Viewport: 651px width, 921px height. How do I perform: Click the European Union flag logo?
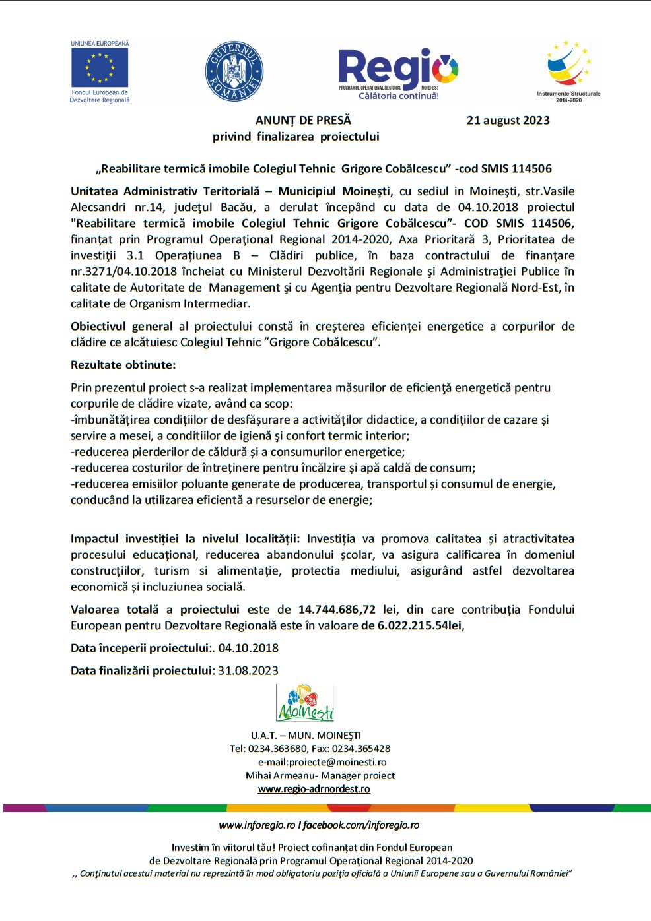pyautogui.click(x=100, y=68)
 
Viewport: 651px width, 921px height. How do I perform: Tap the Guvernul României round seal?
pyautogui.click(x=234, y=72)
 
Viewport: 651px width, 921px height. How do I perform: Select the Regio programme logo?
pyautogui.click(x=398, y=73)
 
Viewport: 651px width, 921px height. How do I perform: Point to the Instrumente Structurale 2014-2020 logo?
pyautogui.click(x=568, y=71)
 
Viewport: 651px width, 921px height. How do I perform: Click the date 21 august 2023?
pyautogui.click(x=508, y=120)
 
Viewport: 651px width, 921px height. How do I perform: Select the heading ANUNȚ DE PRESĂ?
pyautogui.click(x=303, y=120)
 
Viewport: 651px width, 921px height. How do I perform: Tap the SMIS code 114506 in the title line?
pyautogui.click(x=531, y=168)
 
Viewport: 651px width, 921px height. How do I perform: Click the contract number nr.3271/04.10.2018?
pyautogui.click(x=123, y=271)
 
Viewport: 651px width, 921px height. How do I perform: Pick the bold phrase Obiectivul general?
pyautogui.click(x=121, y=326)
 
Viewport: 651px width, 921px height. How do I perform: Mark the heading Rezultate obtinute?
pyautogui.click(x=123, y=365)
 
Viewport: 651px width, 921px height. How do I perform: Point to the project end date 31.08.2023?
pyautogui.click(x=248, y=670)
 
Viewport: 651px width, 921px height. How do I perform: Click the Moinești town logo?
pyautogui.click(x=305, y=703)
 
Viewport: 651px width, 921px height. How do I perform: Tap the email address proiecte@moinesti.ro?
pyautogui.click(x=337, y=762)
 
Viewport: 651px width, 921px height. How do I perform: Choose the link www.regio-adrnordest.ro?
pyautogui.click(x=314, y=789)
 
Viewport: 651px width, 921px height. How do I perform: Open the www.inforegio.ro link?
pyautogui.click(x=257, y=825)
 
